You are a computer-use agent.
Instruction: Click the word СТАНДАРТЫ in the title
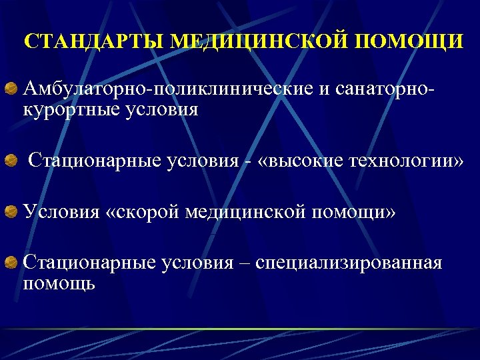coord(93,41)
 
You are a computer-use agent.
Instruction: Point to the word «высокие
coord(297,161)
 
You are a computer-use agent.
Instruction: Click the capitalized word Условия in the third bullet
coord(61,212)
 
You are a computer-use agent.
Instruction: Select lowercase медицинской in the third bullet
coord(245,212)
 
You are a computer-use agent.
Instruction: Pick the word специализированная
coord(349,263)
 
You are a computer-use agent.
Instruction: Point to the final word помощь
coord(59,283)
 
